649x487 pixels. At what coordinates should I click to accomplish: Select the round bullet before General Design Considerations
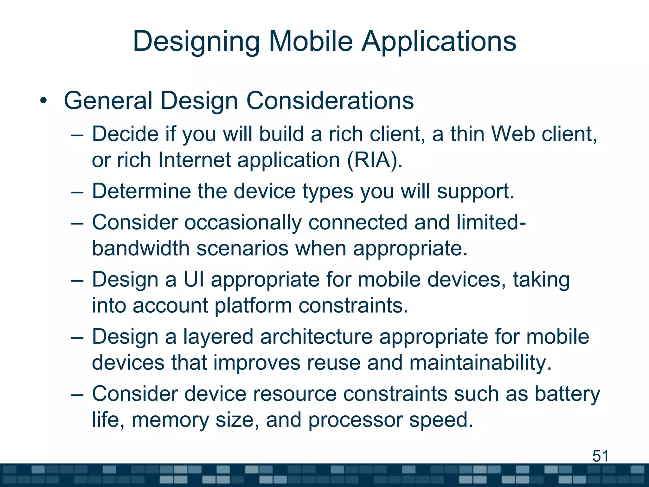[x=43, y=101]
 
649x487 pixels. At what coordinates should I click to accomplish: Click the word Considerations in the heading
[x=330, y=101]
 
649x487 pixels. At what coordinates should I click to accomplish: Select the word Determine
[x=141, y=191]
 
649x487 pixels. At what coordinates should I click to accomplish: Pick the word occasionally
[x=243, y=223]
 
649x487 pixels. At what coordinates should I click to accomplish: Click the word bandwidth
[x=141, y=248]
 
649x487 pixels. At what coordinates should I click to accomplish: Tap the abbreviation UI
[x=194, y=280]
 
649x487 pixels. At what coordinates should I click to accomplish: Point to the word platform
[x=253, y=306]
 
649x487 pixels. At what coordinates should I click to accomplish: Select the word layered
[x=218, y=337]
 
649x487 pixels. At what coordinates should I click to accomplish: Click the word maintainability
[x=480, y=363]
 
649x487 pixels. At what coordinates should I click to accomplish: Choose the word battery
[x=567, y=394]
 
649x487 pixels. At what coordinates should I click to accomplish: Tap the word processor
[x=355, y=420]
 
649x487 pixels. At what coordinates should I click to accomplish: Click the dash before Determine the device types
[x=77, y=192]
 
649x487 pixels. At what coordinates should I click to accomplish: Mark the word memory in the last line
[x=170, y=420]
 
